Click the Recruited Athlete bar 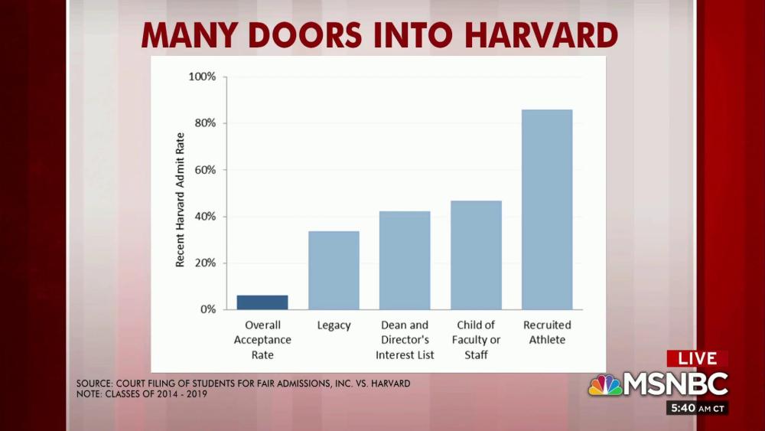coord(547,209)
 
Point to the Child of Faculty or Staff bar coord(476,255)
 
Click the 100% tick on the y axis coord(202,77)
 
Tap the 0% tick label coord(208,309)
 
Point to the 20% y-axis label coord(204,263)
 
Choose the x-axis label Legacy coord(334,325)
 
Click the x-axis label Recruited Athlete coord(547,332)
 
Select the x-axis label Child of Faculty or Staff coord(476,340)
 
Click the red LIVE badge coord(697,358)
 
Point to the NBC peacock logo coord(604,385)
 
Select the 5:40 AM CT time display coord(696,408)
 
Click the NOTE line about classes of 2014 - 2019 coord(142,394)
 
